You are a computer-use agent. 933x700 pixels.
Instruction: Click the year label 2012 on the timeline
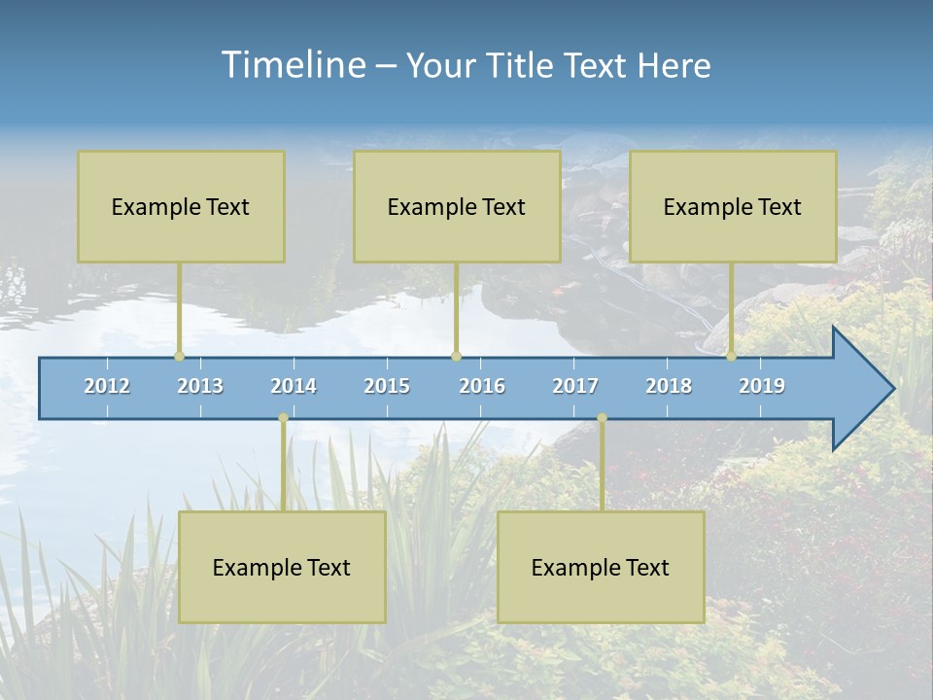point(107,386)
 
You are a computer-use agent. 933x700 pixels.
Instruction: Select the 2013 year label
point(200,386)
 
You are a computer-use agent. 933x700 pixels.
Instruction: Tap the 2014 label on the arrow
point(294,386)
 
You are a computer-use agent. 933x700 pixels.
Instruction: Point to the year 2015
point(387,386)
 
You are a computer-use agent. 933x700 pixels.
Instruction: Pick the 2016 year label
point(482,386)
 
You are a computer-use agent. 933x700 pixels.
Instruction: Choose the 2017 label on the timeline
point(575,386)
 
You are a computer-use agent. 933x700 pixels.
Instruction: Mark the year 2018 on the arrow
point(669,386)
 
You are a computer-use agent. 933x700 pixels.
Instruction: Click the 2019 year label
point(762,386)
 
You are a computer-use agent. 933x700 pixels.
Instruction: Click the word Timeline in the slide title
point(293,65)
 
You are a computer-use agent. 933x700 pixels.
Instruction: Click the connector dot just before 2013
point(179,356)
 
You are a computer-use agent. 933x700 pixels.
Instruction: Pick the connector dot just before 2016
point(456,356)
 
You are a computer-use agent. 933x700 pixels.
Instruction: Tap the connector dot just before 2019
point(731,356)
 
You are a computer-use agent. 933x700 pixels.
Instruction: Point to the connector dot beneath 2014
point(283,418)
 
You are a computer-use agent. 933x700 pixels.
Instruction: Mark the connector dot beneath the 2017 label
point(602,418)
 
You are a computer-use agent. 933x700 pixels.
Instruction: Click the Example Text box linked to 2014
point(282,567)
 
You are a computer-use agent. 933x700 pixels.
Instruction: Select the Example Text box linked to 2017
point(601,567)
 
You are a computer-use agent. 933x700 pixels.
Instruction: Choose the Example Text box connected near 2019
point(733,206)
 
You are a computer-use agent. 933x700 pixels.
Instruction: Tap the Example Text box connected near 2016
point(457,206)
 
